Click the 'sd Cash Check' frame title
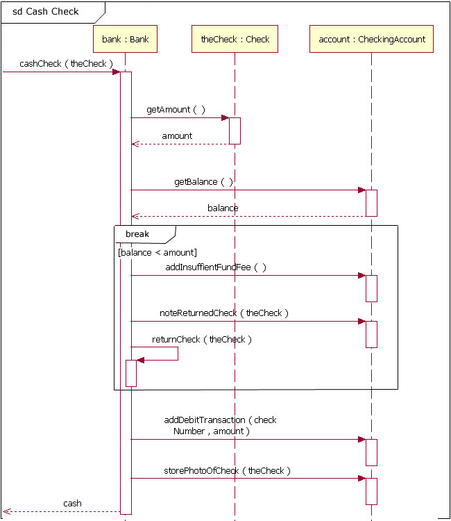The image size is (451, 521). [x=45, y=12]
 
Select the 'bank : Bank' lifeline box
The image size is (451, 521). [x=125, y=40]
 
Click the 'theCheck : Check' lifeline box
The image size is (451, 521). [x=235, y=40]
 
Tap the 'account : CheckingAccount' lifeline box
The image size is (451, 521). [x=371, y=40]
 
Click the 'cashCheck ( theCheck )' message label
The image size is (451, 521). [x=66, y=64]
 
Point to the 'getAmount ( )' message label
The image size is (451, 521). [x=176, y=110]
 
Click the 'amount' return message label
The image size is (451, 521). [x=177, y=136]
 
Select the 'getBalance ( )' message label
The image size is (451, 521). [x=203, y=182]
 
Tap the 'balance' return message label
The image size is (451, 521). [x=223, y=208]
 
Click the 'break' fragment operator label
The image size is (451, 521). [x=137, y=234]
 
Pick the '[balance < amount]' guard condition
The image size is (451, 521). [x=158, y=253]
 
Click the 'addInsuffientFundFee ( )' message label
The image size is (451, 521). [x=215, y=267]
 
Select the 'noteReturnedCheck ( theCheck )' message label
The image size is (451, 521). [x=223, y=313]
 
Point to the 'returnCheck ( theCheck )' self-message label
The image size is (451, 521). [x=202, y=340]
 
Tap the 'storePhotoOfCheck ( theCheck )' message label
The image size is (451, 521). [x=227, y=470]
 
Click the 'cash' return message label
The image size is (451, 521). [x=72, y=504]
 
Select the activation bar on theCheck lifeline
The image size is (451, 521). [x=235, y=131]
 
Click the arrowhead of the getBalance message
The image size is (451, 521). [x=361, y=190]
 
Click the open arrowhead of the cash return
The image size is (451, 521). [x=7, y=512]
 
